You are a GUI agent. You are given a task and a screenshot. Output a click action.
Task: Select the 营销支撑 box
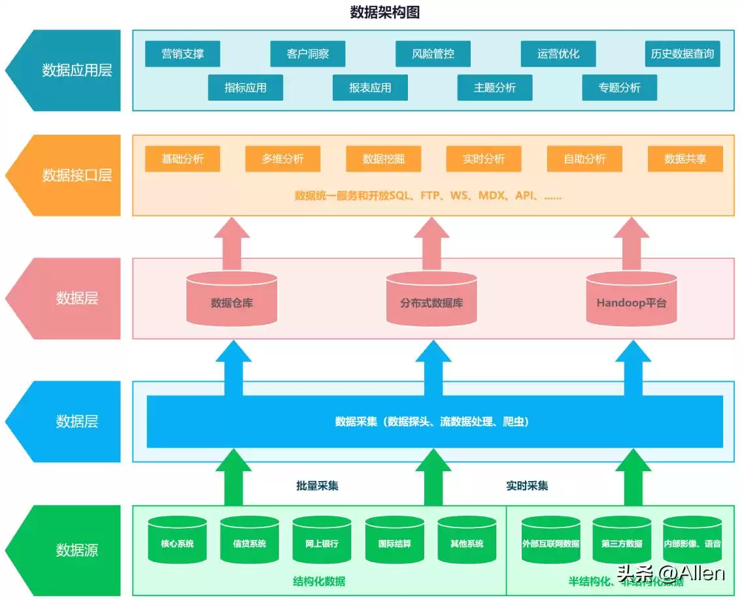[x=182, y=54]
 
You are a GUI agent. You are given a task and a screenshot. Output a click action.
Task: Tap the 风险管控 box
[x=433, y=54]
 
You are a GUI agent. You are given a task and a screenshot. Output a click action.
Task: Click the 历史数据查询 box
[x=682, y=54]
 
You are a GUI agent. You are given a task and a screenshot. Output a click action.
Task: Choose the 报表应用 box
[x=370, y=88]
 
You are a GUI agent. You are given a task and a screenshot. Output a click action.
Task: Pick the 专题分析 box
[x=619, y=88]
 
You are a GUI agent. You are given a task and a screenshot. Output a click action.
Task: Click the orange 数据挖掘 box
[x=383, y=159]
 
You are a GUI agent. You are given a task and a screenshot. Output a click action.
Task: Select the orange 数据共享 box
[x=685, y=159]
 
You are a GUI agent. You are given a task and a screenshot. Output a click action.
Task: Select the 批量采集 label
[x=317, y=486]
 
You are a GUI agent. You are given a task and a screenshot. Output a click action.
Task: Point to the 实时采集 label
[x=527, y=486]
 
